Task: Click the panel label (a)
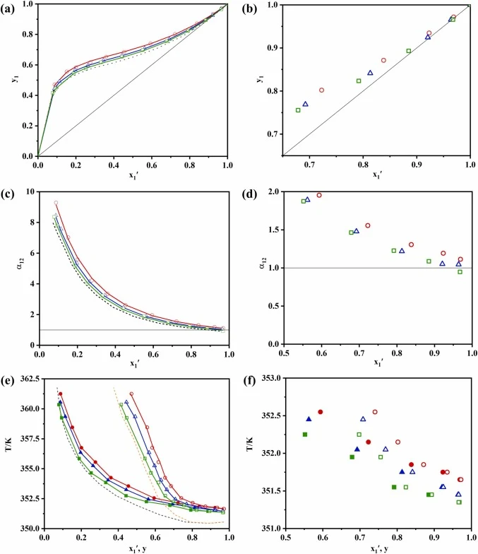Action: tap(7, 8)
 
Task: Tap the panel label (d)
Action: tap(249, 194)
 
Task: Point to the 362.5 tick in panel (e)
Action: tap(30, 379)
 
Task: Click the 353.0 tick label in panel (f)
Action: tap(271, 377)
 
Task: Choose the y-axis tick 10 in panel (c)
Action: tap(30, 191)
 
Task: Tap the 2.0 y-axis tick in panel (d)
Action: tap(274, 191)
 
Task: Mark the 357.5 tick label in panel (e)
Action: tap(30, 438)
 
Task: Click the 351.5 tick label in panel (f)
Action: tap(271, 490)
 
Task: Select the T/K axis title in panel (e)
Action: tap(8, 444)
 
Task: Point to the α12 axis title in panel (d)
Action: tap(263, 263)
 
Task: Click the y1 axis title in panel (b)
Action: tap(260, 78)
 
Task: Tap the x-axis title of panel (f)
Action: tap(379, 548)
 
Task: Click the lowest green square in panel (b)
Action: tap(298, 110)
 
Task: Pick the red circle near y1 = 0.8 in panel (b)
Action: tap(322, 90)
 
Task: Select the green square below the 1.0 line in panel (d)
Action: tap(460, 272)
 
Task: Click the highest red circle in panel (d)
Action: tap(319, 195)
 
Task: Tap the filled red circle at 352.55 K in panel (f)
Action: tap(321, 412)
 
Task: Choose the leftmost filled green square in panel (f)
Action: tap(305, 435)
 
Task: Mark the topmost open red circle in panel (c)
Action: tap(56, 203)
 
